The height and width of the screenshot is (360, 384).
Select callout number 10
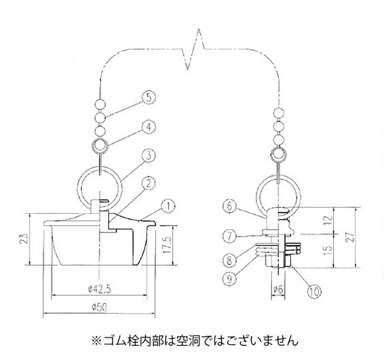tap(313, 289)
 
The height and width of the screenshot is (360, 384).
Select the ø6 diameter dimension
tap(278, 289)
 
